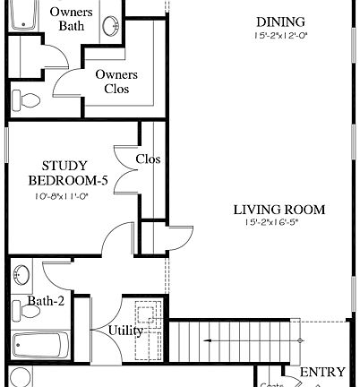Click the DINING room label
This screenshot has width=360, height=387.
[279, 21]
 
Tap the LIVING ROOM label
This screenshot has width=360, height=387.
[279, 211]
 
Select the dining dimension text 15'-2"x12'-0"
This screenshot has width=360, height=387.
[279, 36]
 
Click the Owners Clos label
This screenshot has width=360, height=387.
[116, 82]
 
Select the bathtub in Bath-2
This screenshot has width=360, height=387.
[41, 345]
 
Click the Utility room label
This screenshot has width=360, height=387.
[125, 331]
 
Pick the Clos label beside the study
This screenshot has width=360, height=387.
[148, 159]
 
